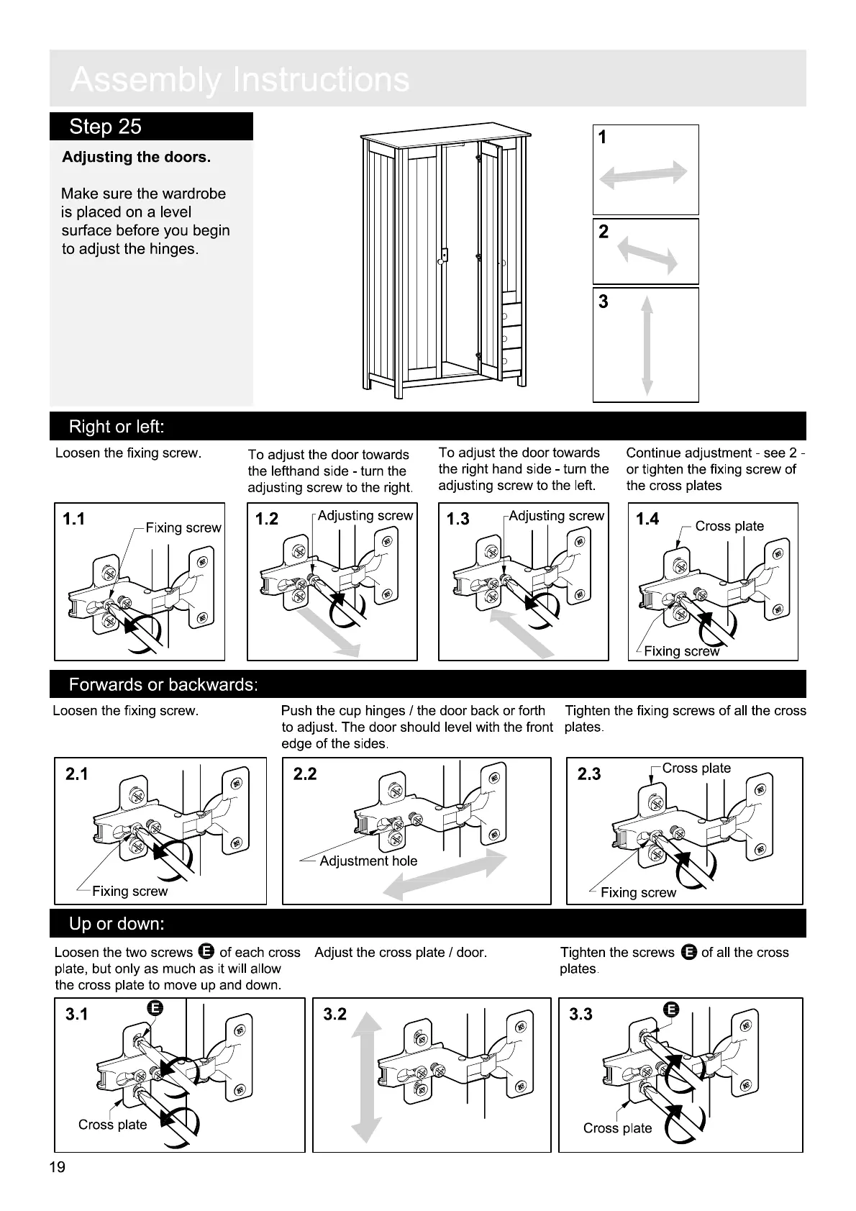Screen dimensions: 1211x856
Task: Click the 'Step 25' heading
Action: (106, 127)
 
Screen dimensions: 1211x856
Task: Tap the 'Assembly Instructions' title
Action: (240, 80)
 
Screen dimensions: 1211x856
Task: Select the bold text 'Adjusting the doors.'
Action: (137, 157)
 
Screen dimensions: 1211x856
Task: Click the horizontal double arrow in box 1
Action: (644, 174)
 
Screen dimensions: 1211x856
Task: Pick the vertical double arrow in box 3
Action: (647, 346)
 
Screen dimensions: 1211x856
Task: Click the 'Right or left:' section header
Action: (117, 427)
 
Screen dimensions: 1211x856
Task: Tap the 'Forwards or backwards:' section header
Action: (163, 684)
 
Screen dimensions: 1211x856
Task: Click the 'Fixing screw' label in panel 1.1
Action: (183, 527)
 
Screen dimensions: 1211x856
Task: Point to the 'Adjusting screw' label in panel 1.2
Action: (365, 516)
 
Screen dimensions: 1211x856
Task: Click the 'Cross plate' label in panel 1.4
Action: (729, 526)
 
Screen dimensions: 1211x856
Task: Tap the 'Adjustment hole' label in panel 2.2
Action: (368, 861)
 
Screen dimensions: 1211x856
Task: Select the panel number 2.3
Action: (589, 774)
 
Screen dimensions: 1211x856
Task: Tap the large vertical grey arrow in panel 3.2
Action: (367, 1076)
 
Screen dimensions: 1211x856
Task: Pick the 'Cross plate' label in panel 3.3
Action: (617, 1128)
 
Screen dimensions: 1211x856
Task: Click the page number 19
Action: (58, 1167)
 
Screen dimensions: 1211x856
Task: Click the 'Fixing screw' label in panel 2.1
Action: (129, 891)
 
